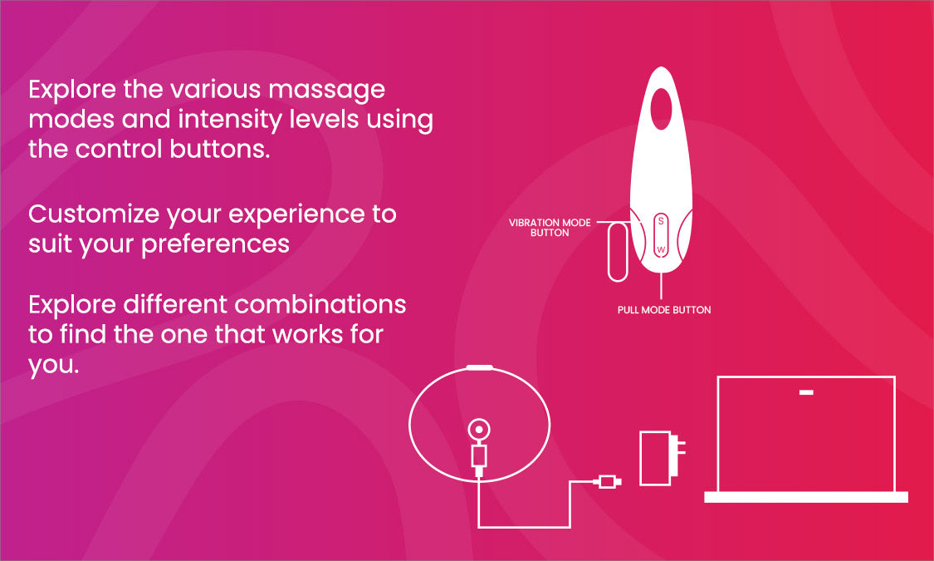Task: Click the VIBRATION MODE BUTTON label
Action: (x=550, y=227)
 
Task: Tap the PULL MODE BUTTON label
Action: (x=664, y=310)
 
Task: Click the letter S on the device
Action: (x=661, y=221)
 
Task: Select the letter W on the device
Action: (x=661, y=249)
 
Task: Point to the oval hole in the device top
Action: (x=661, y=109)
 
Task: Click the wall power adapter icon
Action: (x=661, y=458)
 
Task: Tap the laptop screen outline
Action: (x=806, y=377)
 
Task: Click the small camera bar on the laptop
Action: (x=806, y=393)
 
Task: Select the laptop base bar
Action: (x=806, y=497)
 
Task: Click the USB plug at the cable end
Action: (x=608, y=482)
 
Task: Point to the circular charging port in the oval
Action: (x=479, y=429)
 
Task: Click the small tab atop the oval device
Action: (x=480, y=367)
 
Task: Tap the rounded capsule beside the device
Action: (x=618, y=252)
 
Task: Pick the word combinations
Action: (x=320, y=305)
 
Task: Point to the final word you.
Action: (x=54, y=365)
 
